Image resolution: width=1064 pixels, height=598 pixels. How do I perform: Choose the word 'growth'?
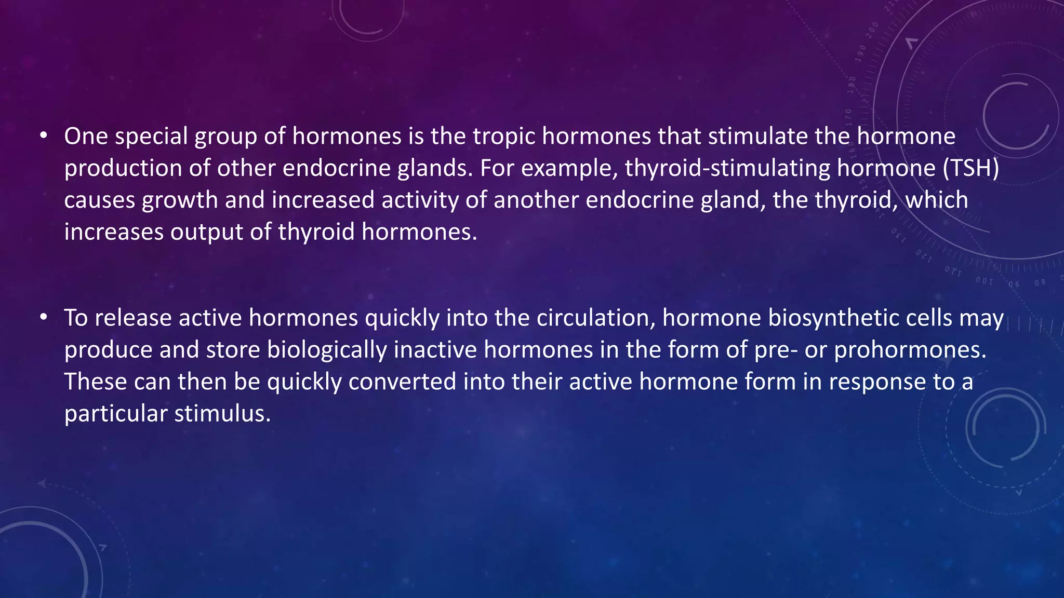(180, 200)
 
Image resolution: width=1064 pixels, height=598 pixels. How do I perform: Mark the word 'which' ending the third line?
(937, 200)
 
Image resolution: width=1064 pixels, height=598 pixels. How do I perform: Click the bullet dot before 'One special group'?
(44, 136)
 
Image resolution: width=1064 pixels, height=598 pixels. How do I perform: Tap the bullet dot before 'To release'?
(44, 317)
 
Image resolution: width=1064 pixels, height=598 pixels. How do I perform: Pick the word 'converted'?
(402, 382)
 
